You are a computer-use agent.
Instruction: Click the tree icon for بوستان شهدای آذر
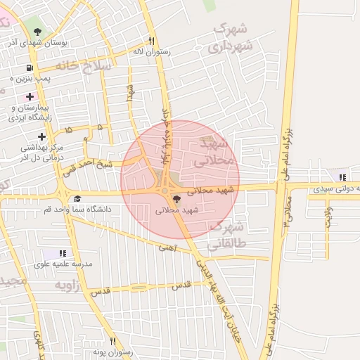37,32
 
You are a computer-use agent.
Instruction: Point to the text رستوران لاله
148,52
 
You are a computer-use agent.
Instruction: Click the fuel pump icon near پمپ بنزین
29,68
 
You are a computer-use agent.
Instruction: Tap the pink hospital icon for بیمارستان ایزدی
29,96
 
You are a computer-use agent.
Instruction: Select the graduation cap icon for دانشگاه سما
77,199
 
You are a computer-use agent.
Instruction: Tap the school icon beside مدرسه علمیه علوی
63,252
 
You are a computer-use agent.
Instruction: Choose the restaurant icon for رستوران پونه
112,341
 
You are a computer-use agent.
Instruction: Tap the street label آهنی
167,247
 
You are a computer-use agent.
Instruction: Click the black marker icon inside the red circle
176,200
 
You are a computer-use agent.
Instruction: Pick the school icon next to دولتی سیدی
342,177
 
